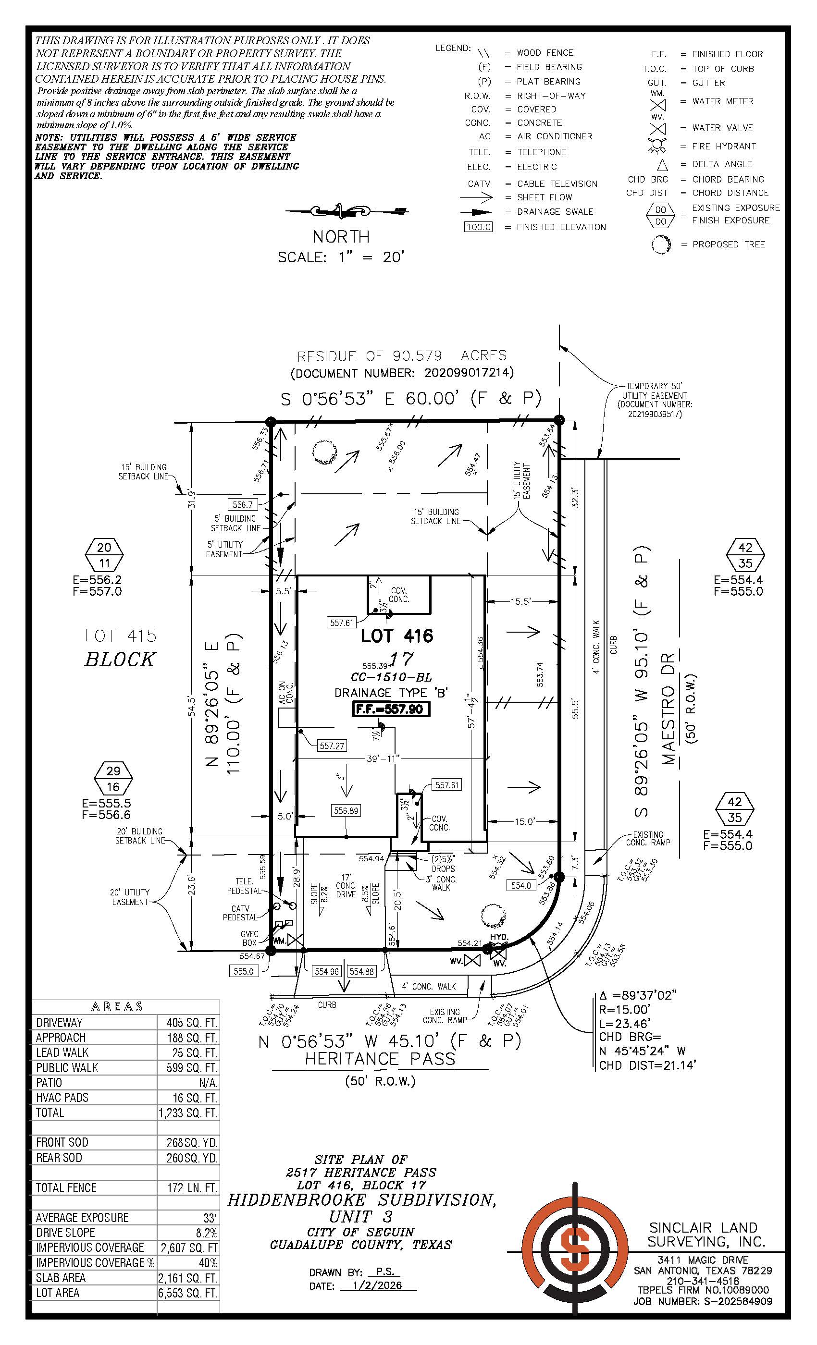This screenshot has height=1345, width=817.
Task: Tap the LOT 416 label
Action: tap(397, 636)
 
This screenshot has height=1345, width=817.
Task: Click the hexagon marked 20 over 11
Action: tap(104, 555)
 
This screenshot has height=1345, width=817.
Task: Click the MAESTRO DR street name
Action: tap(669, 708)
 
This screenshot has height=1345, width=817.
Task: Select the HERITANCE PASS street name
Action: tap(380, 1059)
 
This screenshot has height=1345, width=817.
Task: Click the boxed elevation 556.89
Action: tap(346, 811)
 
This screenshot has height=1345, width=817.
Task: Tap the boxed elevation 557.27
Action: tap(332, 746)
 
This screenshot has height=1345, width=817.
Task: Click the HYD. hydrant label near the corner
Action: tap(499, 937)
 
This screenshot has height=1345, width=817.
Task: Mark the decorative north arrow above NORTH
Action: tap(342, 211)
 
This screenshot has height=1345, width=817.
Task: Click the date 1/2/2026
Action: tap(377, 1285)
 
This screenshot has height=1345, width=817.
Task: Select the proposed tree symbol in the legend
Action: tap(660, 244)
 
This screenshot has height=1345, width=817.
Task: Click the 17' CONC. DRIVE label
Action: tap(346, 885)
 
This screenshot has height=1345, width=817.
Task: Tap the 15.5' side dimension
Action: tap(520, 601)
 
